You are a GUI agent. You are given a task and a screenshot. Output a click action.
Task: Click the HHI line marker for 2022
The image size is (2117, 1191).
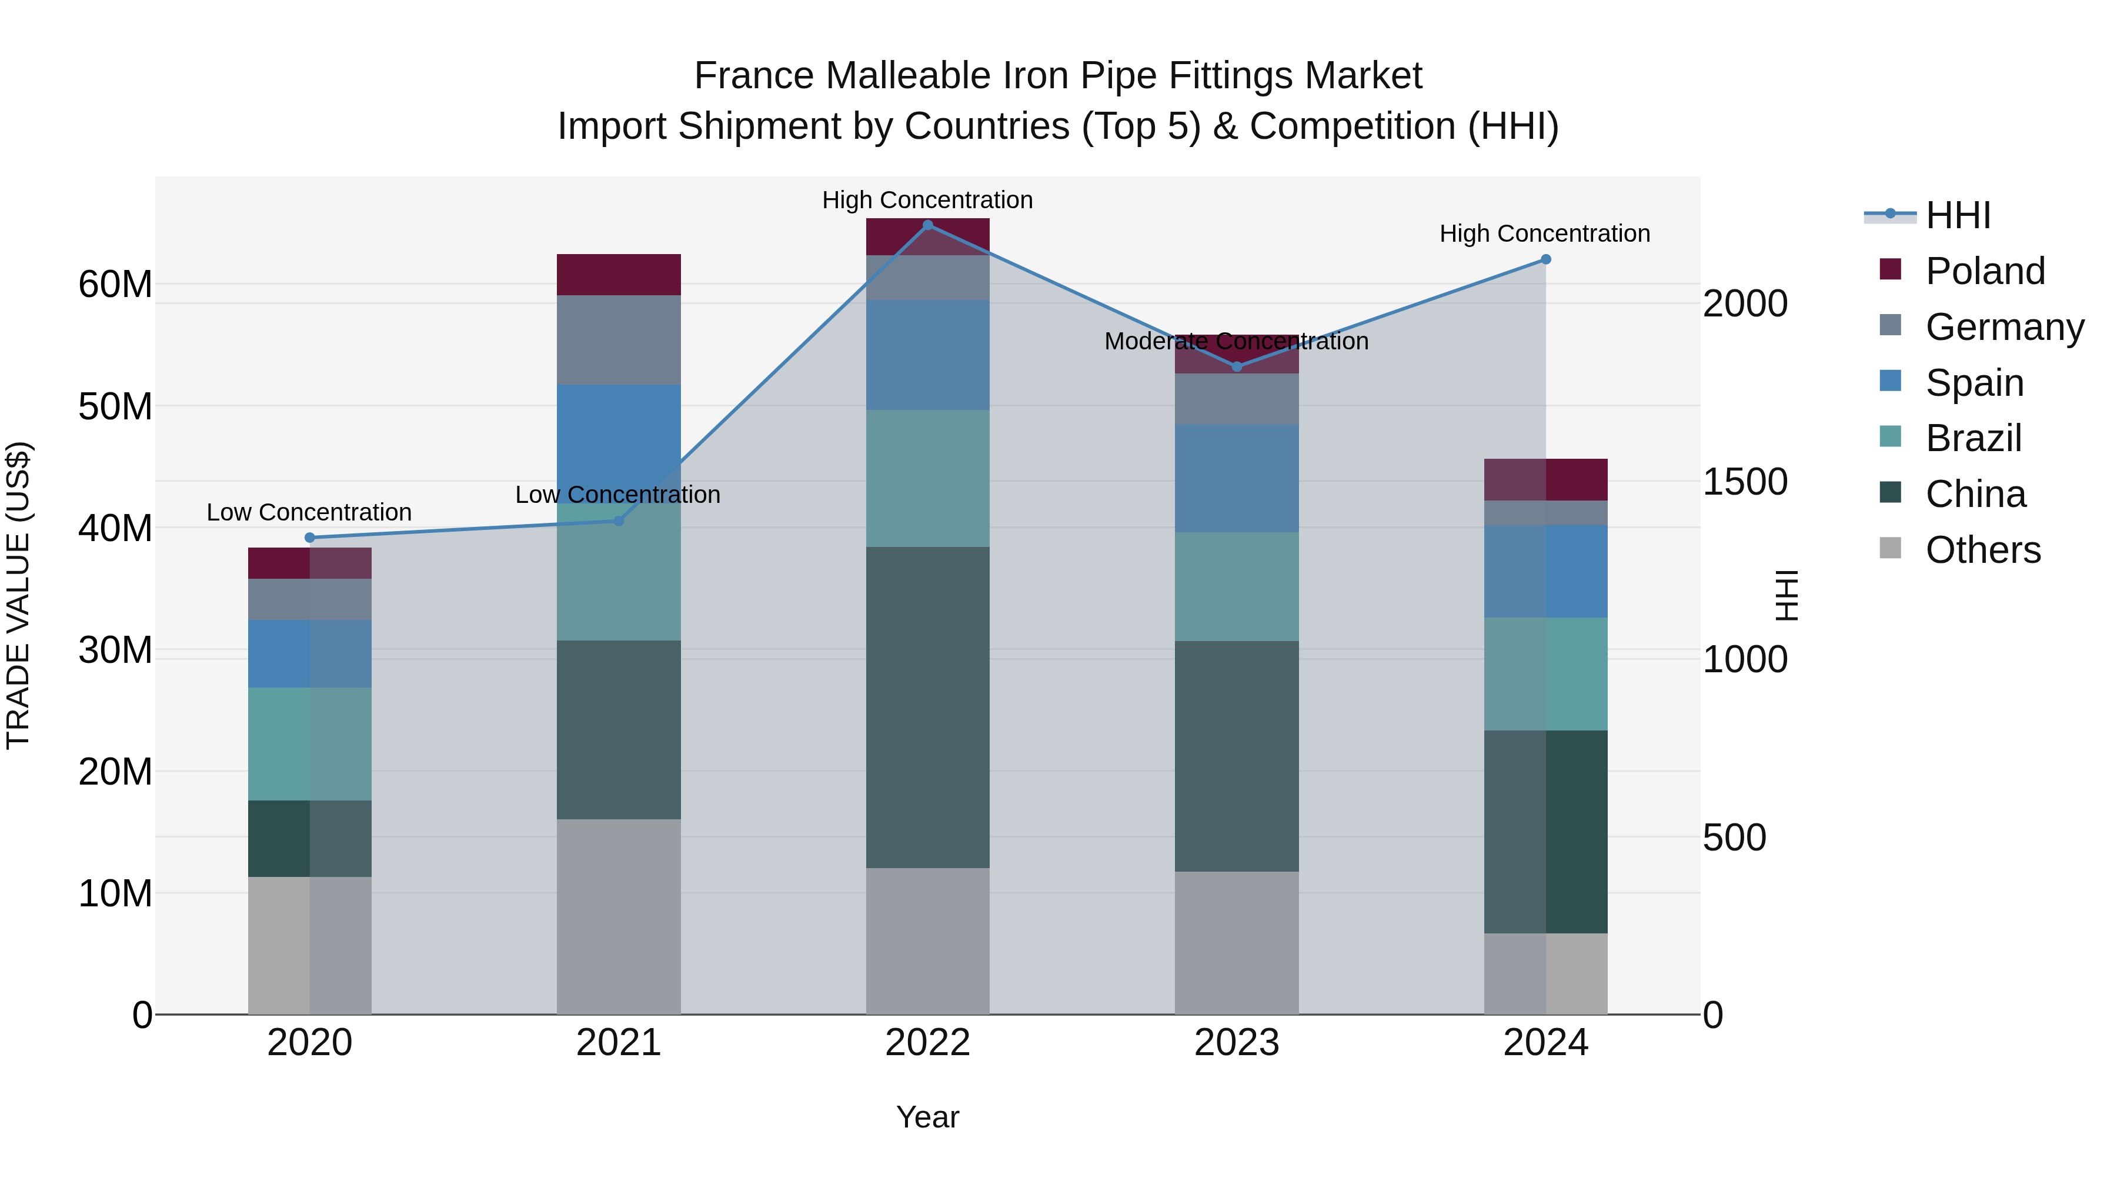928,225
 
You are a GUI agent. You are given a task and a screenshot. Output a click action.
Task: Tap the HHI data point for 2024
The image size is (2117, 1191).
1546,260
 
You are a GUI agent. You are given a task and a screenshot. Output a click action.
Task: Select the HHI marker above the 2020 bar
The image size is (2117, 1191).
310,538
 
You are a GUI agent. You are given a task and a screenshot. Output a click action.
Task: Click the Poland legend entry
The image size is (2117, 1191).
1985,271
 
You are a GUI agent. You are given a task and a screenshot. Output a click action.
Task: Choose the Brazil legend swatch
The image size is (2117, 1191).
1890,436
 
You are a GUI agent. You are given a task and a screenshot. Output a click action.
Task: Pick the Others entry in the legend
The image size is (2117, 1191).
1982,550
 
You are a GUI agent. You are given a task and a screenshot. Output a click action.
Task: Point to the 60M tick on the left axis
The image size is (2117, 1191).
115,285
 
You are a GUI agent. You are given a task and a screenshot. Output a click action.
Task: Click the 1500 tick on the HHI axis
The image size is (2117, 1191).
1745,482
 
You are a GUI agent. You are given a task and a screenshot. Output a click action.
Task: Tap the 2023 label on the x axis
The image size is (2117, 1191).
1237,1043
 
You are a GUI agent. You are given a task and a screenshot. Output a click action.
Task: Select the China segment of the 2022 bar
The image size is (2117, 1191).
928,707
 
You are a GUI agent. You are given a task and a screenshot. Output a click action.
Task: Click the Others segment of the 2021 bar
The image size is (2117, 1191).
619,916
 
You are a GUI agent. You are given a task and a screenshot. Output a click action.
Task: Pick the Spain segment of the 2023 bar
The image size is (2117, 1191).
1237,478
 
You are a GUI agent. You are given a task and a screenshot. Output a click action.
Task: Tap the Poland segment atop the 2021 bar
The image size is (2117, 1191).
619,275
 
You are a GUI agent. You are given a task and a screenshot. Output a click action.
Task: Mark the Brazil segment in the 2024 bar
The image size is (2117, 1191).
1546,674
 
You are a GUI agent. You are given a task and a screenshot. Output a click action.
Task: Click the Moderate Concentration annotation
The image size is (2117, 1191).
1236,341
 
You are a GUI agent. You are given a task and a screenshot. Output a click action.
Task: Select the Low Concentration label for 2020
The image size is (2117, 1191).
309,512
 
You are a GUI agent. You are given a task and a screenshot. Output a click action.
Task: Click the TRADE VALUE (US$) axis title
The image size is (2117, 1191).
18,596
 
